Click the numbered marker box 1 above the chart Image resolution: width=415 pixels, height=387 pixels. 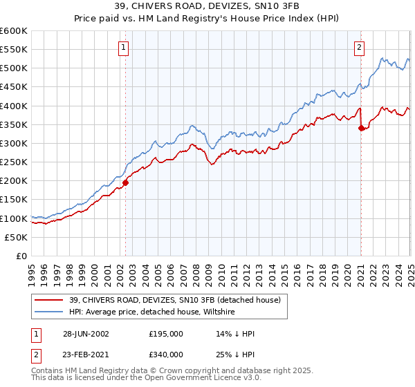tap(123, 48)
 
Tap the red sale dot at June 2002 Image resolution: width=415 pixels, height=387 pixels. tap(126, 183)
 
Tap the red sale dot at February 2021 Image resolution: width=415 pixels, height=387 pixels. tap(362, 128)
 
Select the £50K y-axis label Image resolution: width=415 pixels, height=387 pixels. tap(16, 237)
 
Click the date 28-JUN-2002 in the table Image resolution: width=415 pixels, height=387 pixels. tap(85, 334)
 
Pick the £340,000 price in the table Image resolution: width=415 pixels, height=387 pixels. tap(166, 353)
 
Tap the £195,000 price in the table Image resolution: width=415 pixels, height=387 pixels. tap(166, 334)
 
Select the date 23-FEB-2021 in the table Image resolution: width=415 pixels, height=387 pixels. tap(85, 353)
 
